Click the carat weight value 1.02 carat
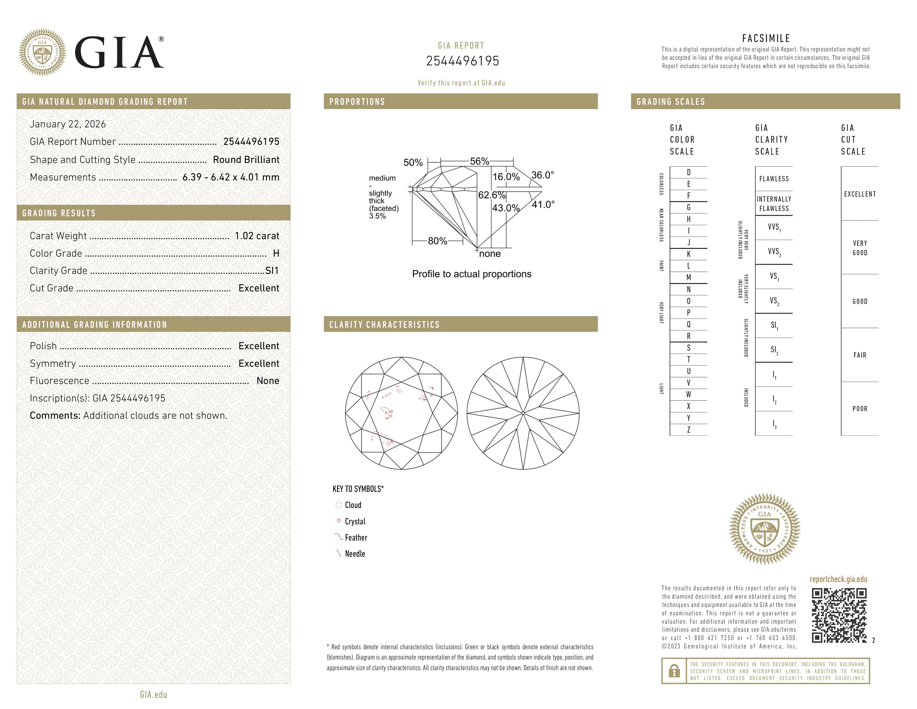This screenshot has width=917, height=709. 256,236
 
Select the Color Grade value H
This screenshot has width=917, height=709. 276,253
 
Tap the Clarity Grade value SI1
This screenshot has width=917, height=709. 272,271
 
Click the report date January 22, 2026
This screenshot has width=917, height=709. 68,124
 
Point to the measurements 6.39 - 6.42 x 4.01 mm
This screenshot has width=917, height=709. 231,177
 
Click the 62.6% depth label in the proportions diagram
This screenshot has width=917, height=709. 492,195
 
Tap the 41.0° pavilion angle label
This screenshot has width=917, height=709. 543,205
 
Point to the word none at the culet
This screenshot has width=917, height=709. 490,254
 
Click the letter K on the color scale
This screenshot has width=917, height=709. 689,254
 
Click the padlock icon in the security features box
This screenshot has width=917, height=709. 674,671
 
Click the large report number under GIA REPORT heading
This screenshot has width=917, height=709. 462,61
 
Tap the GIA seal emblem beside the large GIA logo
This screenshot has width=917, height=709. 43,53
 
